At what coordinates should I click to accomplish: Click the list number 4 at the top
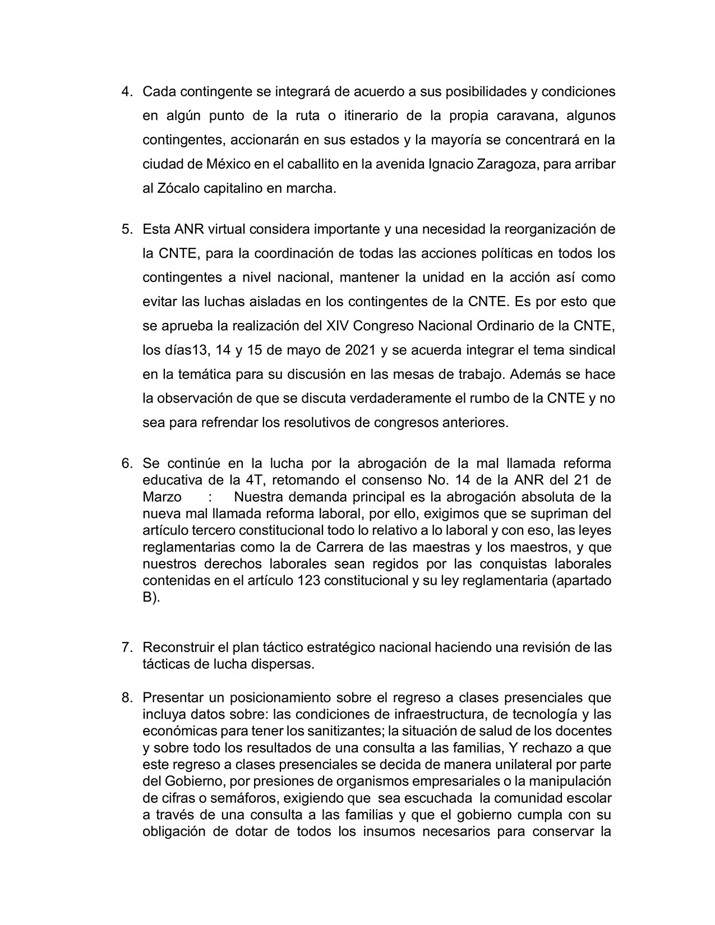[126, 91]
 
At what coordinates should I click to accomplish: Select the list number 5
[126, 229]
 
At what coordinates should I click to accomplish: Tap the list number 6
[126, 464]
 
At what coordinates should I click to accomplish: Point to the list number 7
[126, 647]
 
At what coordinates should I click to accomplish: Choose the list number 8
[126, 698]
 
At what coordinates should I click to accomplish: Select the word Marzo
[162, 497]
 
